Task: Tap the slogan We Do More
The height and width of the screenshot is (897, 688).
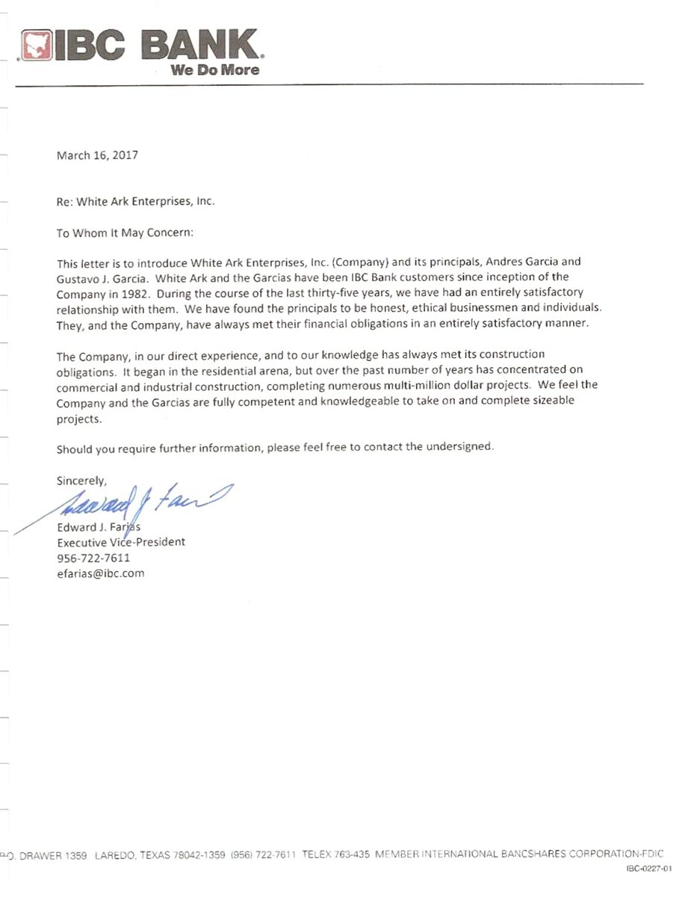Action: pos(215,70)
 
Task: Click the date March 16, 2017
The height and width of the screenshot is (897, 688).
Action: pos(97,155)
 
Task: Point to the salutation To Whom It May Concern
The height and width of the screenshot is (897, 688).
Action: pos(125,232)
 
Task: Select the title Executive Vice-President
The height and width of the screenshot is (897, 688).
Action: pos(121,542)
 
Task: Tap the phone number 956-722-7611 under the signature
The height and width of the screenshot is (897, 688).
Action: pos(93,558)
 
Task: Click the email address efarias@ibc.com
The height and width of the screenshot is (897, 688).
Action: pos(101,573)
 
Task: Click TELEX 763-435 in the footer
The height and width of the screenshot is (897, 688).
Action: pos(336,854)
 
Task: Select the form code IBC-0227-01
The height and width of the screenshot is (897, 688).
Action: pos(649,869)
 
